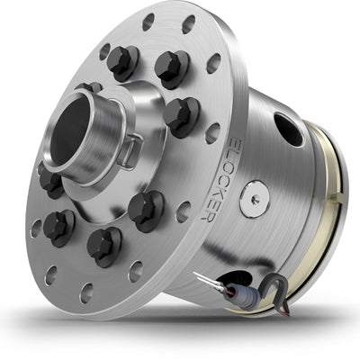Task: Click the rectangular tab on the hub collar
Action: coord(131,148)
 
